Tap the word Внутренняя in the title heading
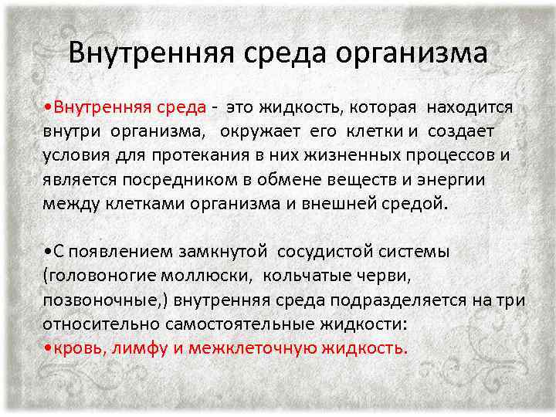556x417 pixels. click(142, 53)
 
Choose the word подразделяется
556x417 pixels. click(392, 300)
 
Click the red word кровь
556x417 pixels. click(78, 347)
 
